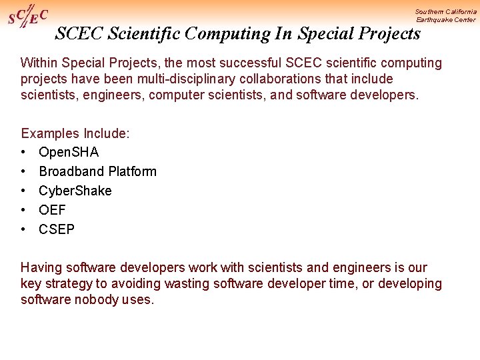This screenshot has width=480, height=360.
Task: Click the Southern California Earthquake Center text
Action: [x=445, y=15]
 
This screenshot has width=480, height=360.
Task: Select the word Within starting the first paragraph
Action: [x=41, y=63]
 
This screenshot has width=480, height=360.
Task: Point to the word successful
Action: [x=249, y=63]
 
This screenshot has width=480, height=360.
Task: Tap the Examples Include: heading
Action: [x=75, y=133]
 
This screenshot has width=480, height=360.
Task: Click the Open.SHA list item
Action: [x=69, y=153]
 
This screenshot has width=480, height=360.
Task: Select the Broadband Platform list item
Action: [x=97, y=171]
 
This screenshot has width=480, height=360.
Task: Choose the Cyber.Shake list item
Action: [x=75, y=191]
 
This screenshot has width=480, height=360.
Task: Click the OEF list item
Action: [x=52, y=210]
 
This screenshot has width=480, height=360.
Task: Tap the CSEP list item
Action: [x=57, y=229]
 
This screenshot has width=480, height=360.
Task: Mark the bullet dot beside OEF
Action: [x=23, y=211]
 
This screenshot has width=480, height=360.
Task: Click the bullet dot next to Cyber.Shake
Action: [x=23, y=191]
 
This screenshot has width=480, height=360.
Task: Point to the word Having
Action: [x=40, y=268]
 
